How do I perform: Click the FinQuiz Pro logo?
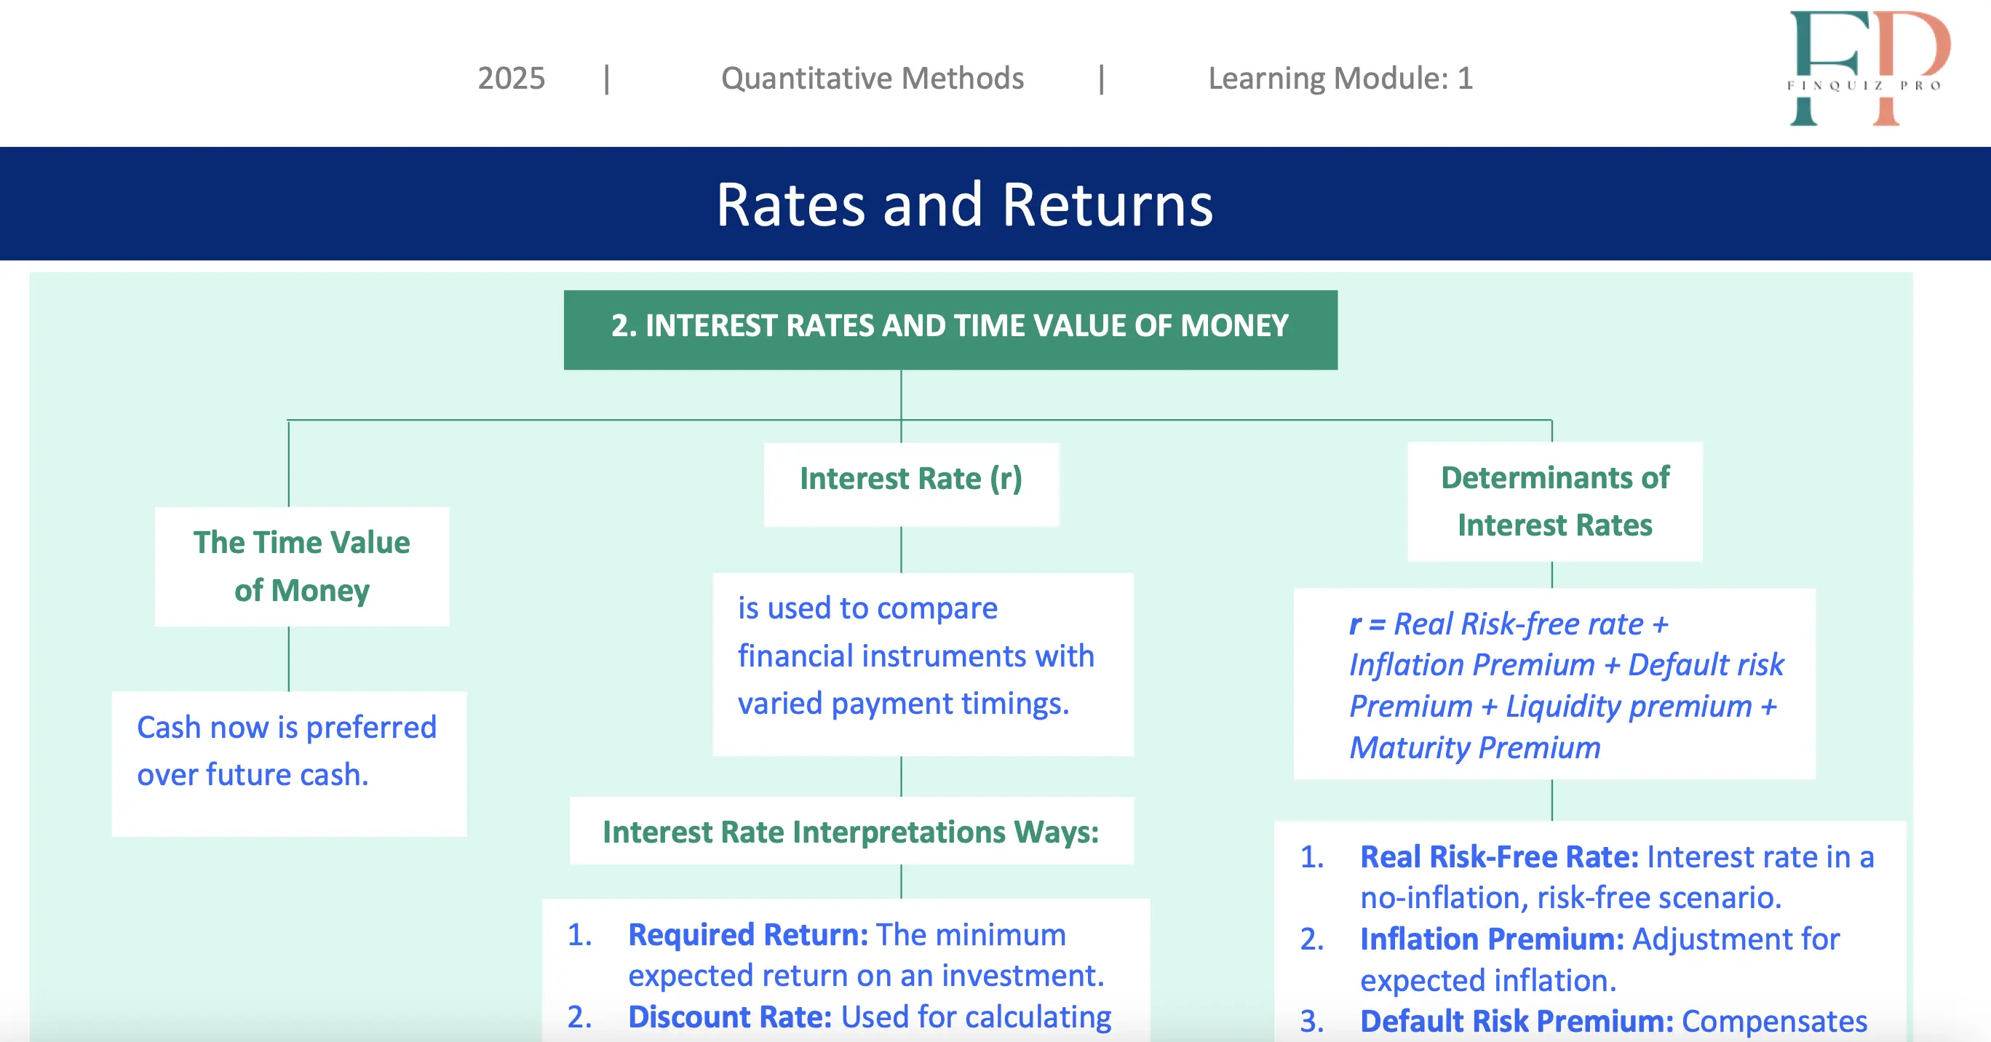(x=1869, y=68)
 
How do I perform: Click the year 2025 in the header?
(x=511, y=78)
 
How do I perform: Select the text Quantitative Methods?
(x=872, y=78)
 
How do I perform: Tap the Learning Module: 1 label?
(x=1340, y=78)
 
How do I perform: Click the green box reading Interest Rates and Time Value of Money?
(x=950, y=330)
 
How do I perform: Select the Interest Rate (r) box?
(x=911, y=485)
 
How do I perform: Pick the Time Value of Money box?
(x=301, y=567)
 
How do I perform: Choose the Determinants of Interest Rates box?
(x=1555, y=501)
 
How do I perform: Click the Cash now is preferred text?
(x=287, y=728)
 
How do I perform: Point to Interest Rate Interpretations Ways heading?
(x=851, y=832)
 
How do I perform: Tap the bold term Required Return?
(x=748, y=934)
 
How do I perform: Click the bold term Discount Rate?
(x=730, y=1017)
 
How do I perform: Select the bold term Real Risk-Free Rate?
(x=1499, y=856)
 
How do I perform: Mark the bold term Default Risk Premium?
(x=1517, y=1021)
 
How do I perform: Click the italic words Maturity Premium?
(x=1475, y=747)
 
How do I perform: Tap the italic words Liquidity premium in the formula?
(x=1629, y=706)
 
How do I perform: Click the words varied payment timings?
(x=904, y=704)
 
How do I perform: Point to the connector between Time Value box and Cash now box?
(x=289, y=659)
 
